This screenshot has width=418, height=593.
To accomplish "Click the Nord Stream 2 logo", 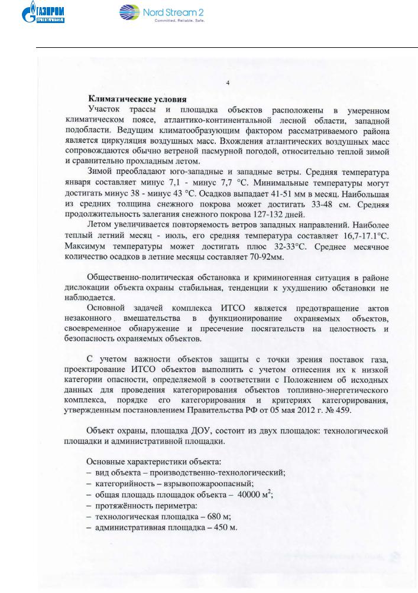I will [154, 12].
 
